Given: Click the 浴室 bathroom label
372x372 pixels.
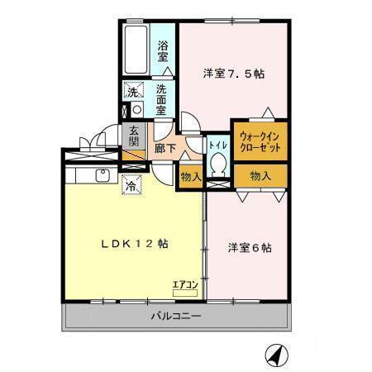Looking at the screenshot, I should (x=164, y=52).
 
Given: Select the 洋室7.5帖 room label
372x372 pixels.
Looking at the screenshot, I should (x=234, y=74).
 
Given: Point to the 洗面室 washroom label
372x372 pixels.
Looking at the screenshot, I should (x=164, y=98).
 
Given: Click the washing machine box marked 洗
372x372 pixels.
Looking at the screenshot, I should (x=132, y=92).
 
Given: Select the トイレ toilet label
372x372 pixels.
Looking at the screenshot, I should (x=218, y=144).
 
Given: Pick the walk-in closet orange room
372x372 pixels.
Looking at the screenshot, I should (x=259, y=140).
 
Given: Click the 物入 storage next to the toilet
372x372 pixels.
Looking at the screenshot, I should (x=190, y=176).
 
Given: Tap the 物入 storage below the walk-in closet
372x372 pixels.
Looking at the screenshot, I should (x=260, y=175).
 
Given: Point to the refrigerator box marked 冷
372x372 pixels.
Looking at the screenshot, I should (x=131, y=187).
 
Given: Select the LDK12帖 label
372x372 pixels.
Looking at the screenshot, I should (x=135, y=244).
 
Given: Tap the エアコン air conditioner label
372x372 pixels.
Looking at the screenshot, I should (x=184, y=285).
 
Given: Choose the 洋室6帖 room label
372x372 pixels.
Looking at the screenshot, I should (x=250, y=247).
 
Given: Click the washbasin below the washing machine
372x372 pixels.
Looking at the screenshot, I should (x=132, y=109).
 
